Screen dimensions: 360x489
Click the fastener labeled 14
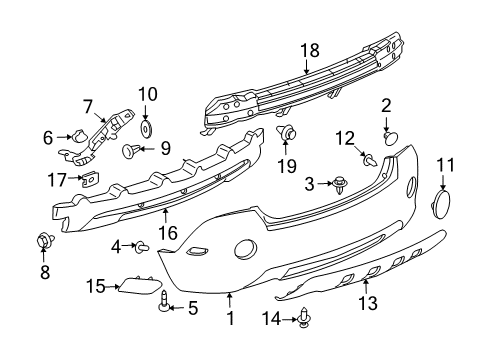click(x=304, y=319)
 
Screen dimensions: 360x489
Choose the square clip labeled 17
click(x=85, y=179)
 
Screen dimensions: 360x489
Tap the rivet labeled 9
click(x=129, y=151)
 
